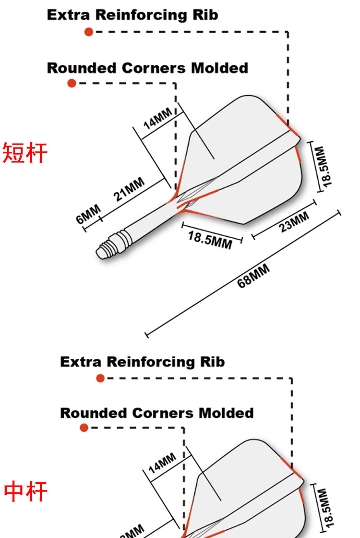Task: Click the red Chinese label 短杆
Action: click(25, 153)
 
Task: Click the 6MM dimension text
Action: click(89, 214)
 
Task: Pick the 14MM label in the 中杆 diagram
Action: click(162, 463)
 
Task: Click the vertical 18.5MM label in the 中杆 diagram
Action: click(325, 507)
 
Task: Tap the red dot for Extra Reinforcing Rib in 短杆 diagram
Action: click(89, 32)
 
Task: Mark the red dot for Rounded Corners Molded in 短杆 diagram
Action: click(72, 84)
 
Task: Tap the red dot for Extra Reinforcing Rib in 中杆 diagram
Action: click(100, 378)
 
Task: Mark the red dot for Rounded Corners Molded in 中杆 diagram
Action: click(84, 428)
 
